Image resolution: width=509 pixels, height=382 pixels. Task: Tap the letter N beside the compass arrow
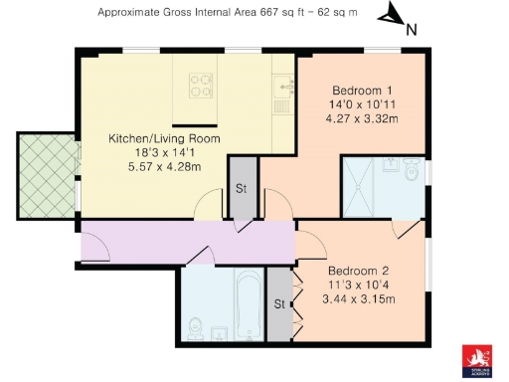point(410,29)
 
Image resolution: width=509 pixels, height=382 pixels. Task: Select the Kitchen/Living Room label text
point(164,138)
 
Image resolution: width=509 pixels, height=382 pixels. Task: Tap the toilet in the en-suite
point(414,176)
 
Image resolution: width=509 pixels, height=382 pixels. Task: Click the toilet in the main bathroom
point(197,325)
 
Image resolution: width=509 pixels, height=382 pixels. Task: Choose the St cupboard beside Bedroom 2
point(280,303)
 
